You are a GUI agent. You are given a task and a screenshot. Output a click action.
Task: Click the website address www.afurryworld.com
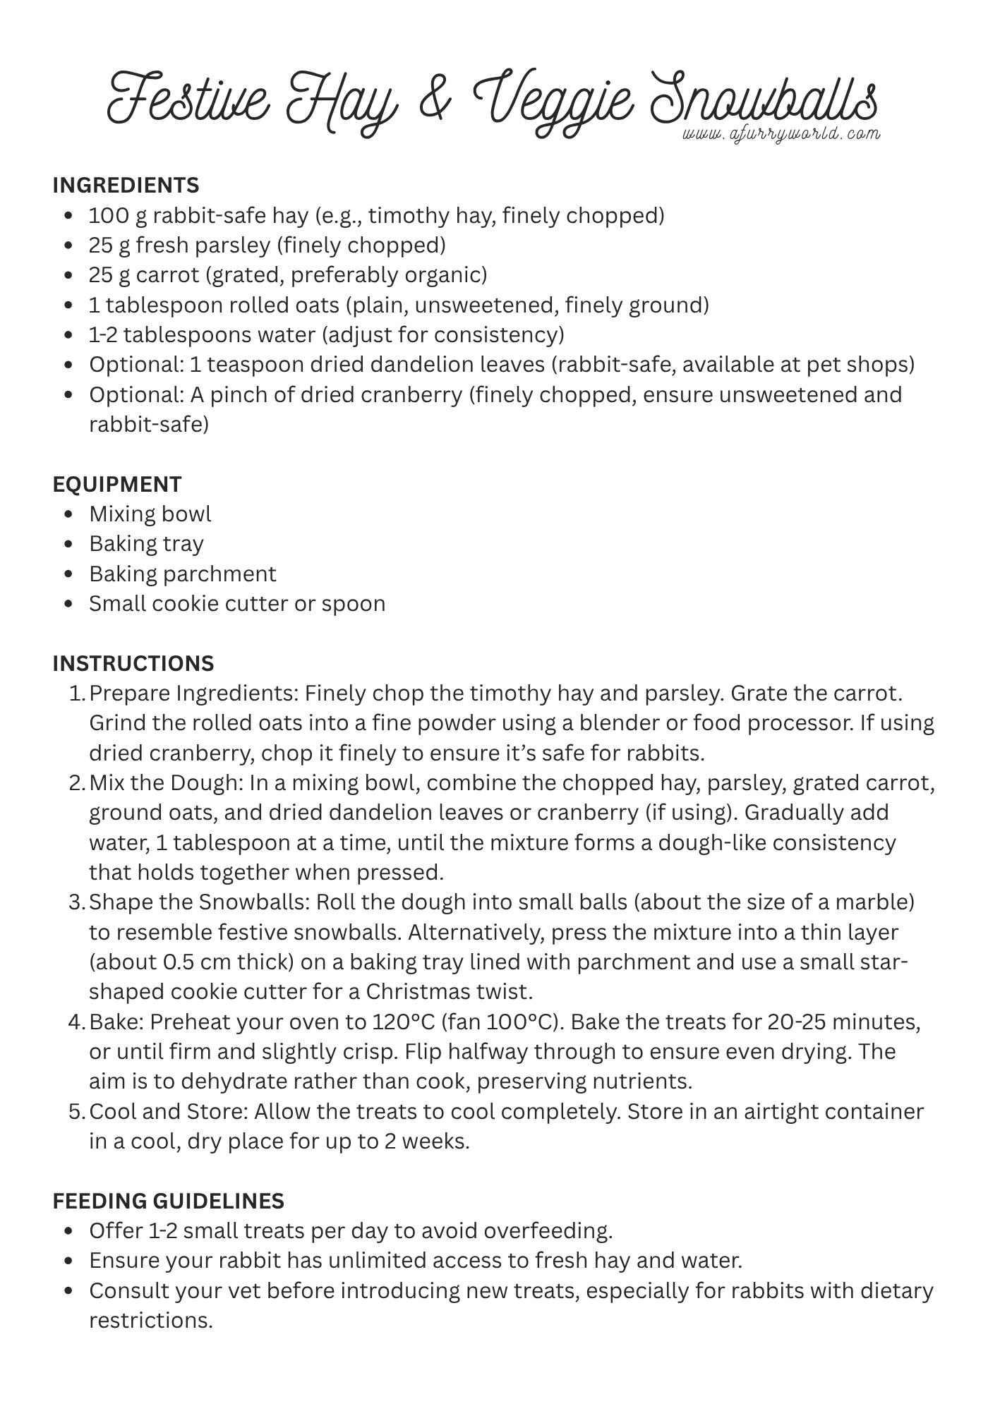click(x=781, y=134)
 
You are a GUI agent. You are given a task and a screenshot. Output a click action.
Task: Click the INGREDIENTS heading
click(x=126, y=186)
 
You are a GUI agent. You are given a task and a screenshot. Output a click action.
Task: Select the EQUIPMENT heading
click(x=117, y=484)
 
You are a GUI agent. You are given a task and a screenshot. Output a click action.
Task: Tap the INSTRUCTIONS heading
click(x=133, y=664)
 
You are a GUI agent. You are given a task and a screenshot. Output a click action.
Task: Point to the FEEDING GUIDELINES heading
click(x=168, y=1201)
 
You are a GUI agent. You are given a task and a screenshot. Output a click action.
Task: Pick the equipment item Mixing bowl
click(x=150, y=514)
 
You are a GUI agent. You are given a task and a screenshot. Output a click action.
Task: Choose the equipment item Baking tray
click(x=146, y=544)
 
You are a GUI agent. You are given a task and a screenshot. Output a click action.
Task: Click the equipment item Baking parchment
click(x=182, y=574)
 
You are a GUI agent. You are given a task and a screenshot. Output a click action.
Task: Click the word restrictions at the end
click(x=150, y=1321)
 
